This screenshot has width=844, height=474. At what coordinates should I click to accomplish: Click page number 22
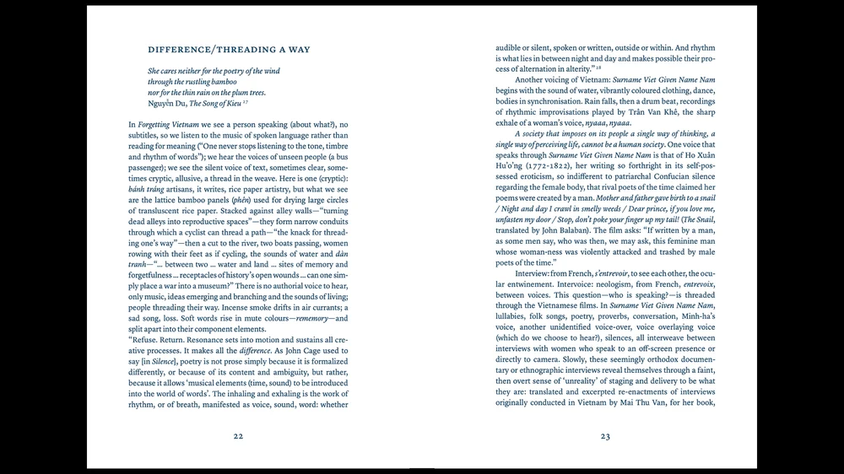pos(238,436)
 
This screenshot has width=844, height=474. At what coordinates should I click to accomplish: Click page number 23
pos(605,436)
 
